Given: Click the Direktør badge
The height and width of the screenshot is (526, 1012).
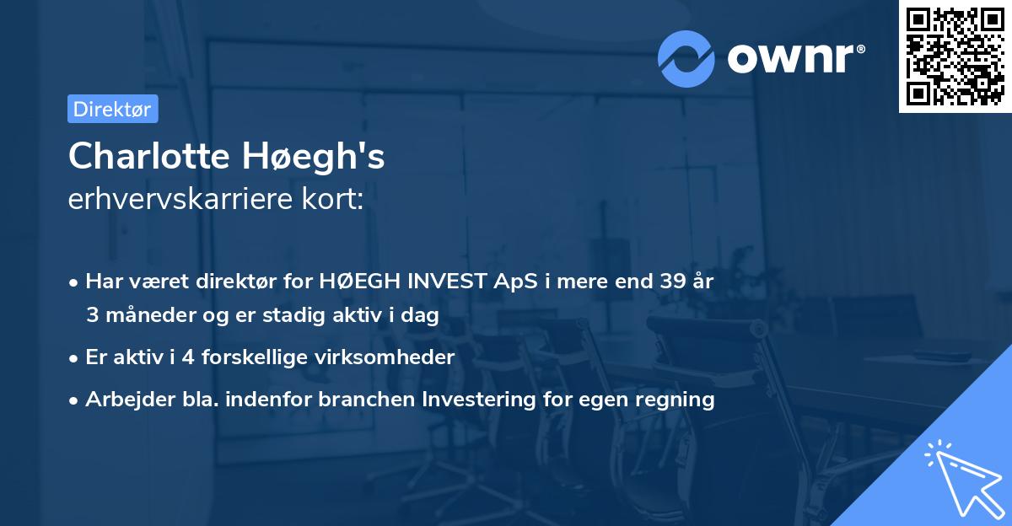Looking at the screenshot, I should click(112, 109).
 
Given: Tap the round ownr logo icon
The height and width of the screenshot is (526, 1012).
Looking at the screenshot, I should click(686, 58).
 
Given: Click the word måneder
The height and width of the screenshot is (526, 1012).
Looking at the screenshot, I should click(139, 315).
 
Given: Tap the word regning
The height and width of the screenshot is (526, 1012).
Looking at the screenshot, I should click(678, 400).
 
